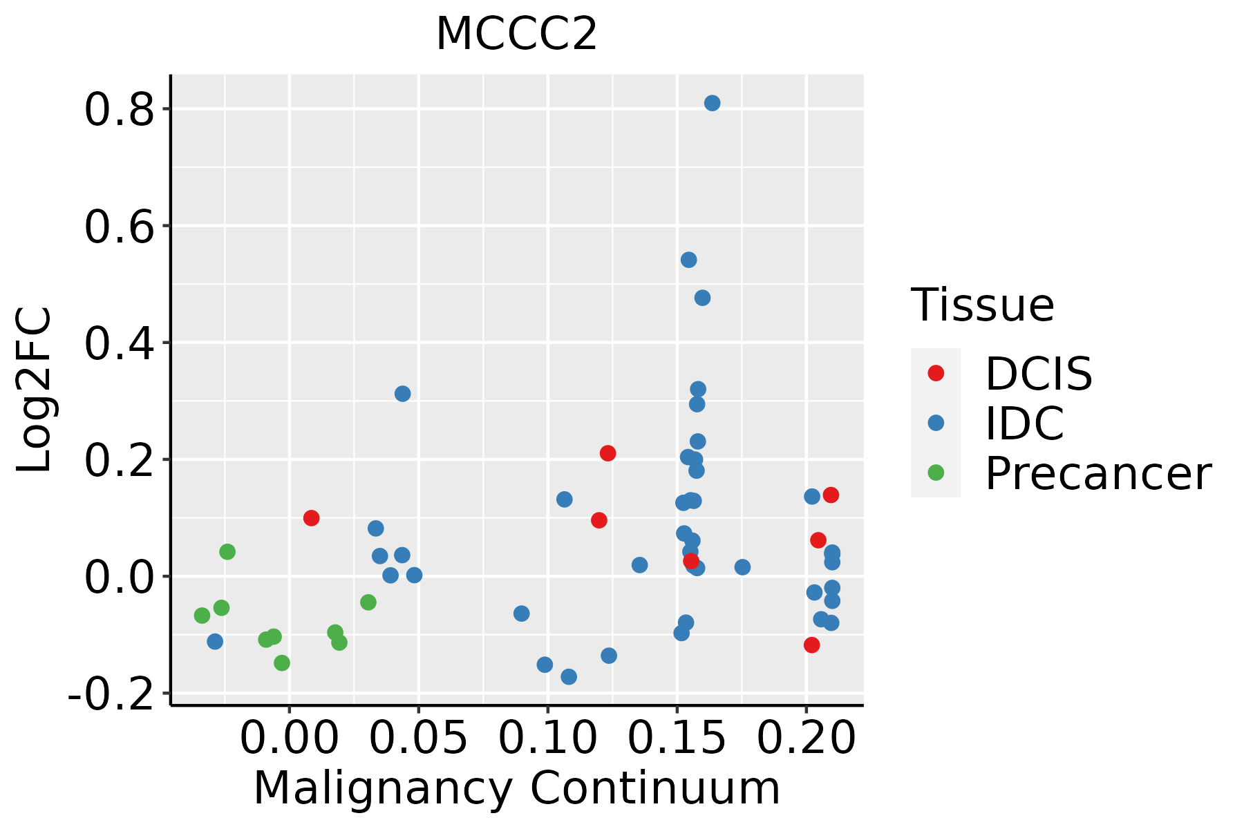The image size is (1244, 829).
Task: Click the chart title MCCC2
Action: pyautogui.click(x=516, y=35)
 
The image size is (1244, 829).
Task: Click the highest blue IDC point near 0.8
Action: pyautogui.click(x=712, y=103)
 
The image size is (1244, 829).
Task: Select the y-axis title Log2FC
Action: pyautogui.click(x=35, y=390)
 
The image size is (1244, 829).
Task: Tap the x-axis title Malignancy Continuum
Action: pyautogui.click(x=516, y=789)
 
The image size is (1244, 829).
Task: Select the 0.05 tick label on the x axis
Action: pyautogui.click(x=418, y=739)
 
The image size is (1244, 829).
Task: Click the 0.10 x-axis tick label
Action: pyautogui.click(x=547, y=739)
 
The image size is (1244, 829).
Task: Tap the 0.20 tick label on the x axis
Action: pyautogui.click(x=806, y=739)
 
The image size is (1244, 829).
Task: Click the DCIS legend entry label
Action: pyautogui.click(x=1038, y=374)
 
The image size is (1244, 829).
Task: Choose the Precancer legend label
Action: pyautogui.click(x=1097, y=473)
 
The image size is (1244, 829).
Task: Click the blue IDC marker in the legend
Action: pyautogui.click(x=936, y=423)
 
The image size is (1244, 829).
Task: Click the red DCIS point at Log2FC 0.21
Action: pyautogui.click(x=607, y=453)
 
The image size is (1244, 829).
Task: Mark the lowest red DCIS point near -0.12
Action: pyautogui.click(x=811, y=645)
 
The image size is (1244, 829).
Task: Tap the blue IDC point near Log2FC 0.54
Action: pyautogui.click(x=688, y=260)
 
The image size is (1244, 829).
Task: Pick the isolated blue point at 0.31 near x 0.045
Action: pyautogui.click(x=402, y=394)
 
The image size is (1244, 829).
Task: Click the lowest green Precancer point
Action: pyautogui.click(x=282, y=663)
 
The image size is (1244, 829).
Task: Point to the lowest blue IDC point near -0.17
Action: pyautogui.click(x=569, y=676)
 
